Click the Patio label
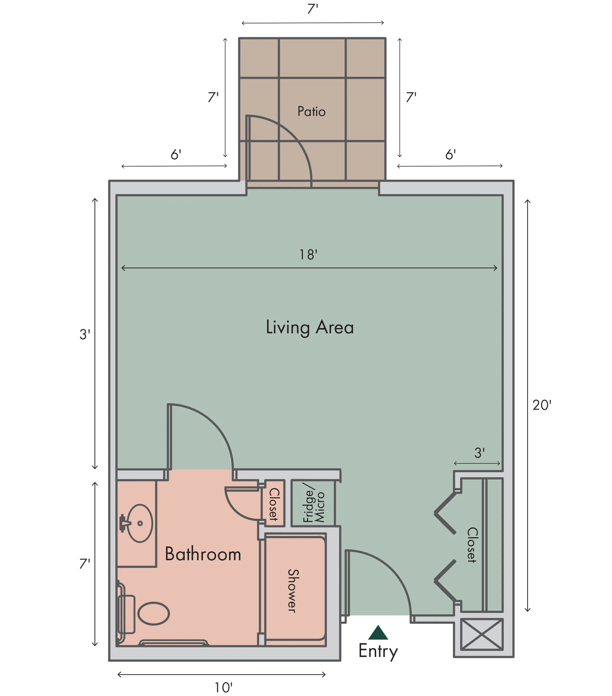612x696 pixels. tap(311, 111)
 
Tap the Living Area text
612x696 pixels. tap(310, 328)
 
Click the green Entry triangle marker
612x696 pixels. tap(378, 632)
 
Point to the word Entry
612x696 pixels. tap(378, 651)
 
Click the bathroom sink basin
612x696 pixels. tap(139, 523)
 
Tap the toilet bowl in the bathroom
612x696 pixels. tap(153, 614)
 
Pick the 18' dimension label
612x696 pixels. tap(308, 255)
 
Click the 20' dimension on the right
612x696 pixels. tap(542, 405)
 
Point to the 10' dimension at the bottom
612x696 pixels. tap(223, 688)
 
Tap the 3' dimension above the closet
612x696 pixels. tap(479, 453)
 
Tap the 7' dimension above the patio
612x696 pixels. tap(313, 9)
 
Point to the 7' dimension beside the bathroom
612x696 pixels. tap(84, 564)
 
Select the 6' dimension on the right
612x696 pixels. tap(450, 154)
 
